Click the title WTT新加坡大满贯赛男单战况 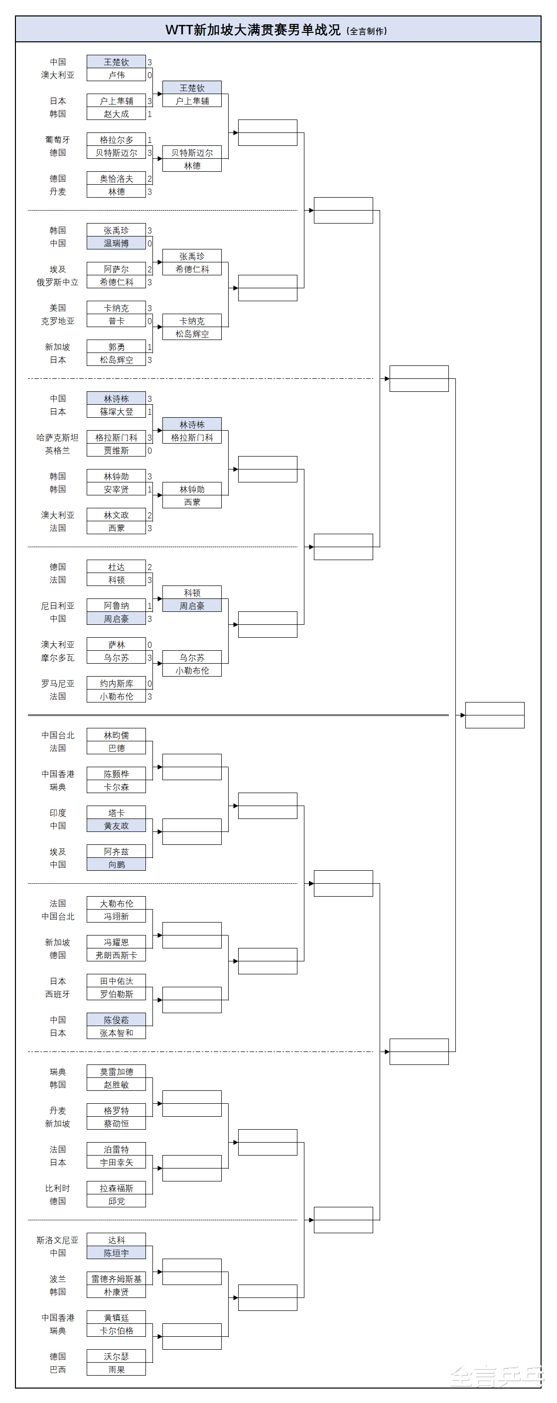pos(253,30)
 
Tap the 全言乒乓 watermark pos(497,1376)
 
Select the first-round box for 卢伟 pos(116,75)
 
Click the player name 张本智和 pos(116,1033)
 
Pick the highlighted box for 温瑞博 pos(116,243)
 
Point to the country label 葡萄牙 pos(58,140)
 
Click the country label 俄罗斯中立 pos(58,282)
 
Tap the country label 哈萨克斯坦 pos(58,437)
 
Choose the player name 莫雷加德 pos(116,1071)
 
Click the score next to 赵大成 pos(149,115)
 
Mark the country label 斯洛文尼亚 pos(58,1240)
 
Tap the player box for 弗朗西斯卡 pos(116,955)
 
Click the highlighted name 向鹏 pos(116,864)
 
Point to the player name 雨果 pos(116,1369)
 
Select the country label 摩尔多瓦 pos(58,658)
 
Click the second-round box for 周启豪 pos(192,605)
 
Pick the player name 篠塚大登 pos(116,412)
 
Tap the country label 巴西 pos(58,1369)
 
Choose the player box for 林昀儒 pos(116,735)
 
